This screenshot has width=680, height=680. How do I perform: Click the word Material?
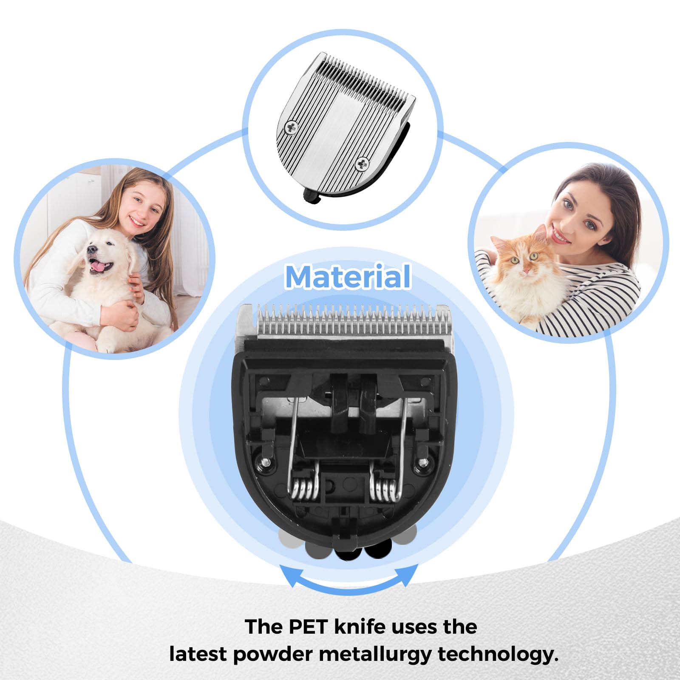coord(348,277)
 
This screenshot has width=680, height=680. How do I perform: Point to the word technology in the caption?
coord(498,654)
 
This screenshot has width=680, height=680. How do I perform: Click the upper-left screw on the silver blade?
coord(292,127)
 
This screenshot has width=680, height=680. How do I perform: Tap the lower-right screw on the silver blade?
coord(362,163)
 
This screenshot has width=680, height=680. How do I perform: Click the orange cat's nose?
coord(526,269)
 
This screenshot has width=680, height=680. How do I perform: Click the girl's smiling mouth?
coord(137,221)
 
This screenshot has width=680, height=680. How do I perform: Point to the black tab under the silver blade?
coord(312,196)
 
